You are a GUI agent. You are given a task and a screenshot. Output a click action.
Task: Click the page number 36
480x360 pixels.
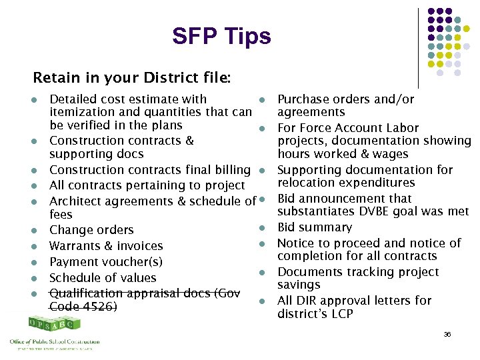click(x=447, y=334)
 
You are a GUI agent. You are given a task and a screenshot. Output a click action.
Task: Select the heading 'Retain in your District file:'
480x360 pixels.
click(x=132, y=77)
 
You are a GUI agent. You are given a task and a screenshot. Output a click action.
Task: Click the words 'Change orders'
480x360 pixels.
click(x=91, y=230)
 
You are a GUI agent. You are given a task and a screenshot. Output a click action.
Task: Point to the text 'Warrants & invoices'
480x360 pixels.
click(x=106, y=246)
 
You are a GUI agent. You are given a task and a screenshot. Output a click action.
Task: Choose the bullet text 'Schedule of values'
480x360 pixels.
click(x=103, y=278)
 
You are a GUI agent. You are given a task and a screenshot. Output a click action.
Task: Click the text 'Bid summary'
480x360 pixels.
click(x=312, y=227)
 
